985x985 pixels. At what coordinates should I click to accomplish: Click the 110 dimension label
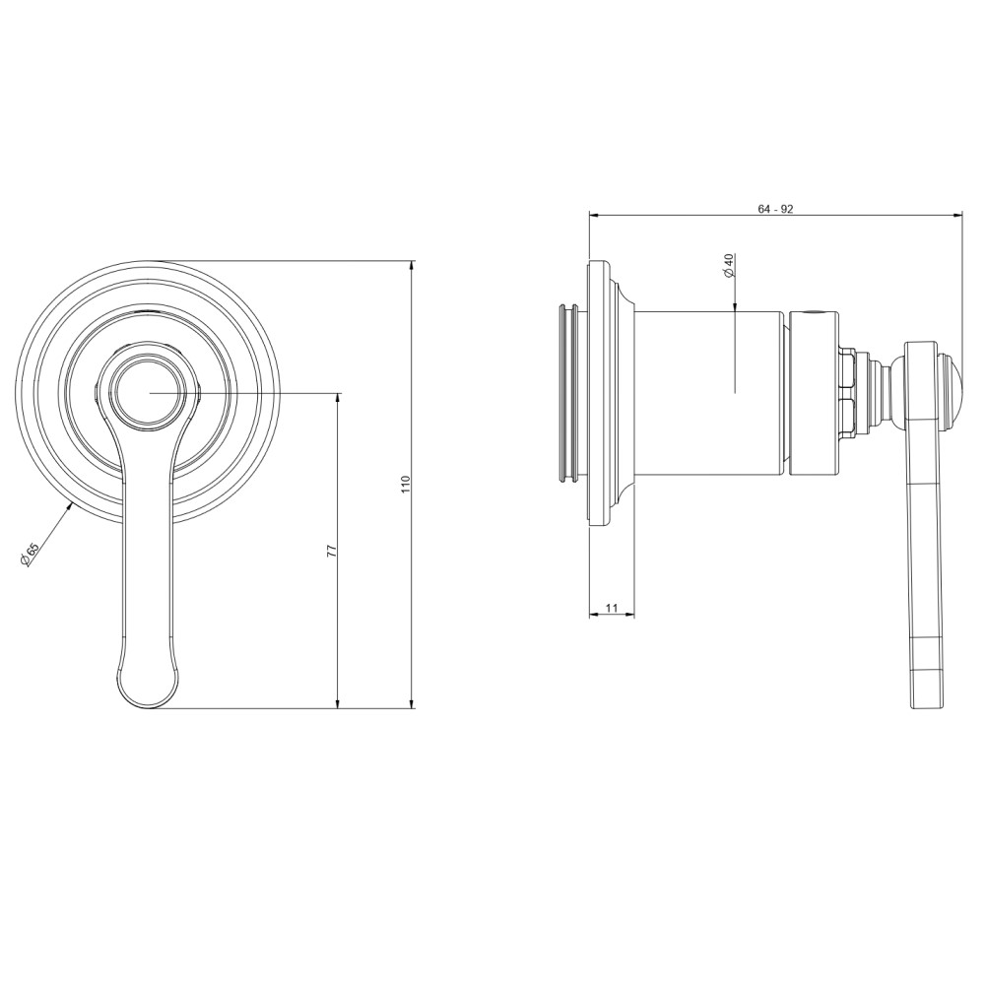pos(405,484)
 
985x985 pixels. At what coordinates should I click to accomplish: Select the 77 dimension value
pos(332,551)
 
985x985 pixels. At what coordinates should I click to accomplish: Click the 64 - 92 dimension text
pos(775,209)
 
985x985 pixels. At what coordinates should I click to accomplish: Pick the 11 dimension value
pos(613,608)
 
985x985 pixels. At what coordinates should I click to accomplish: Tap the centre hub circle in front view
pos(151,393)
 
